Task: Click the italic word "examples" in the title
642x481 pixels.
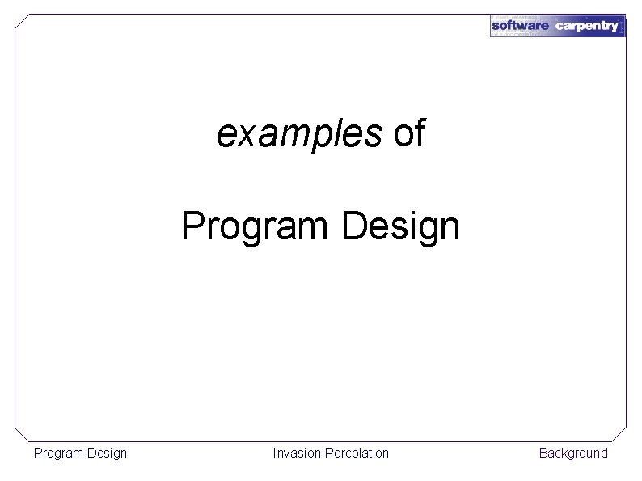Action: point(298,135)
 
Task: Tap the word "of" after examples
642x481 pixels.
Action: point(409,134)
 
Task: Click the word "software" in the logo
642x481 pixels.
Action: point(521,26)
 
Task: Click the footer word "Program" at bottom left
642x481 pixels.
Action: point(57,453)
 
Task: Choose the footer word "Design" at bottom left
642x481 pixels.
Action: point(106,453)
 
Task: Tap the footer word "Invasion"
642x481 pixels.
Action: point(297,453)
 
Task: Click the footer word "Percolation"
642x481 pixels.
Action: point(356,453)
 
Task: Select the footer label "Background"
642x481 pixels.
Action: point(573,453)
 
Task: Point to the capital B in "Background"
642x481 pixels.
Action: point(543,453)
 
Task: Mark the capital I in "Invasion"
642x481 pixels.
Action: point(275,453)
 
